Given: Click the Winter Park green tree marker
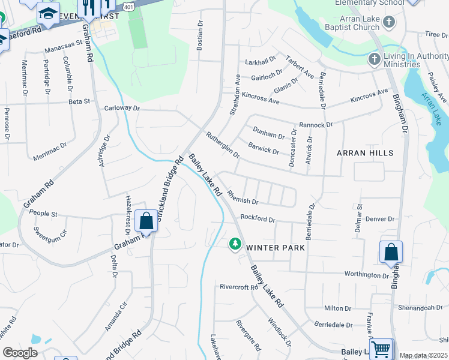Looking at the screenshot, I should tap(235, 244).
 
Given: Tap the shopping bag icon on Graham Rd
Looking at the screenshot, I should tap(146, 221).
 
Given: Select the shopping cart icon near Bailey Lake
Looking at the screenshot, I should tap(381, 349).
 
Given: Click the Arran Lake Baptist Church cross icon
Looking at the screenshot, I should tap(389, 23).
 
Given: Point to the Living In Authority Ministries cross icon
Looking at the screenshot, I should tap(374, 59).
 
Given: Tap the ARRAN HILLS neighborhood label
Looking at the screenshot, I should tap(365, 153).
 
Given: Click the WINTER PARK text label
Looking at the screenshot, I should tap(276, 247).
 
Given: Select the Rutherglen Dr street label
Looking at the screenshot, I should tap(223, 145).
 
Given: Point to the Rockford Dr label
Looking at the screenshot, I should tap(258, 219).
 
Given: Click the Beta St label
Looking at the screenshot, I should tap(79, 102).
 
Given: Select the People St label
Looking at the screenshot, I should tap(43, 214).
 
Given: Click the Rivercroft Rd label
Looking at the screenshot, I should tap(238, 287).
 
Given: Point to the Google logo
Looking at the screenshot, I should tap(20, 353).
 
